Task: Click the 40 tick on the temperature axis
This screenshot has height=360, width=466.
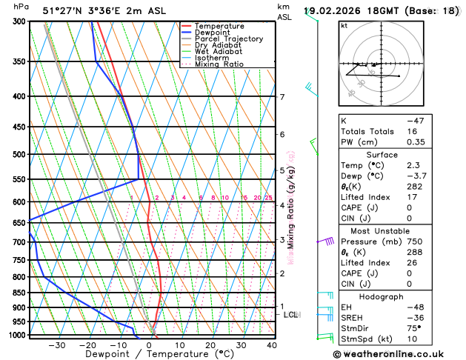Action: (x=272, y=345)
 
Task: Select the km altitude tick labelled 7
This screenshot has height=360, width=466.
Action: (x=282, y=97)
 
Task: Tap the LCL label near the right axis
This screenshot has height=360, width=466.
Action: (x=290, y=315)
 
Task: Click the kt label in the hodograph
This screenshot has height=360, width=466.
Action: (x=344, y=26)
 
